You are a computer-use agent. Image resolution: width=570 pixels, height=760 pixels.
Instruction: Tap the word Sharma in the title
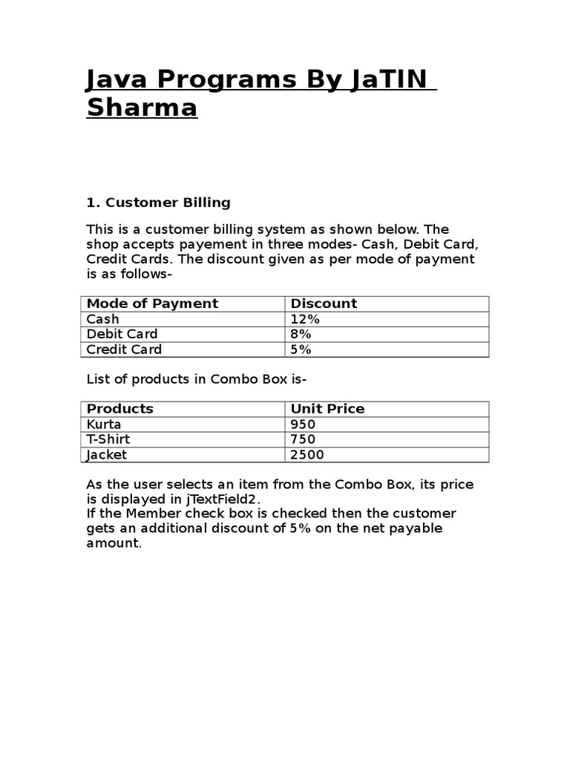pyautogui.click(x=142, y=108)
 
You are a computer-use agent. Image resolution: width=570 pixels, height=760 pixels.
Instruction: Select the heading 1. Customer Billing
pyautogui.click(x=158, y=202)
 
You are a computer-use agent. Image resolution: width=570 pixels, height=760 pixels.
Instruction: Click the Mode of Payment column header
pyautogui.click(x=152, y=304)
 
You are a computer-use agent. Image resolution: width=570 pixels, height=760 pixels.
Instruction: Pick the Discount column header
pyautogui.click(x=324, y=304)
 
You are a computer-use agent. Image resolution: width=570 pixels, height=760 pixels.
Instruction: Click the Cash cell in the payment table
pyautogui.click(x=102, y=319)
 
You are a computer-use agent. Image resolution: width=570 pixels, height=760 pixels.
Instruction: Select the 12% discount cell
pyautogui.click(x=305, y=319)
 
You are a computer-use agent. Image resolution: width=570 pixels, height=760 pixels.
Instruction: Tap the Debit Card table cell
pyautogui.click(x=122, y=334)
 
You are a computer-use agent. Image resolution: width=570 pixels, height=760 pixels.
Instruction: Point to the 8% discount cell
pyautogui.click(x=301, y=334)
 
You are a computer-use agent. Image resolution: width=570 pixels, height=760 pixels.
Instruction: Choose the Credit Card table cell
pyautogui.click(x=124, y=350)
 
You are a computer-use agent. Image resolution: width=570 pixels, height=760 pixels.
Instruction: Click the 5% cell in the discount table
pyautogui.click(x=301, y=350)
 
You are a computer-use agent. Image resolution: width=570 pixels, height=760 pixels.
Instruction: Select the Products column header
pyautogui.click(x=119, y=409)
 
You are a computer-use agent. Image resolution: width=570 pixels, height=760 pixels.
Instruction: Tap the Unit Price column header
pyautogui.click(x=327, y=409)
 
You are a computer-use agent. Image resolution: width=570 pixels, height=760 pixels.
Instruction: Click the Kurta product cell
pyautogui.click(x=104, y=425)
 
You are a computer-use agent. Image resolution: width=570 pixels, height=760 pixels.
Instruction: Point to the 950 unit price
pyautogui.click(x=303, y=425)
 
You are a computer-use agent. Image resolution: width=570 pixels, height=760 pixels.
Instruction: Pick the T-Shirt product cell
pyautogui.click(x=108, y=439)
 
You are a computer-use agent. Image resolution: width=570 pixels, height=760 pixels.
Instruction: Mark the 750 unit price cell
pyautogui.click(x=303, y=439)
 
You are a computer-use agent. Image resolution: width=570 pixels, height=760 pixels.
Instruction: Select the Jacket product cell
pyautogui.click(x=106, y=455)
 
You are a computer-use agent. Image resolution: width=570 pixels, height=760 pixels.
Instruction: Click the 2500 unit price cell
pyautogui.click(x=307, y=455)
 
